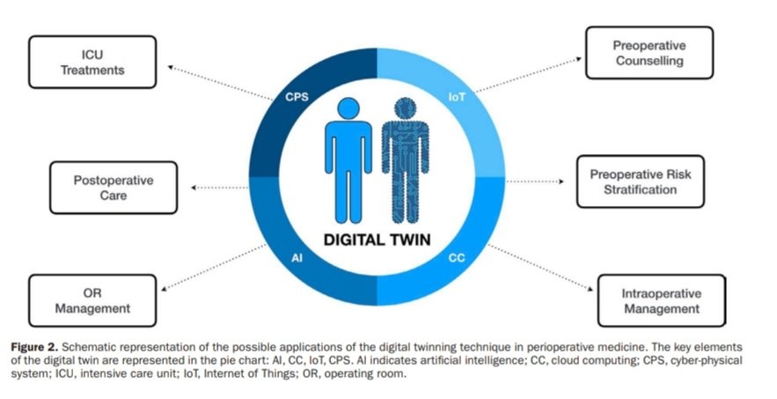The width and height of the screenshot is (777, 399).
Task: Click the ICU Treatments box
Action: coord(92,62)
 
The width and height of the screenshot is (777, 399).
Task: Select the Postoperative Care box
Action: coord(113,187)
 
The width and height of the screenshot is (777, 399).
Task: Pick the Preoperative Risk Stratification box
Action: coord(640,181)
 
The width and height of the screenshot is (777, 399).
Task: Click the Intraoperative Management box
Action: coord(661,301)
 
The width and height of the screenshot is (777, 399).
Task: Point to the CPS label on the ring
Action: coord(297,99)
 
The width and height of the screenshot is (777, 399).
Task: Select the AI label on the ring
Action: coord(297,258)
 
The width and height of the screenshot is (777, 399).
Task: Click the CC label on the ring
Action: coord(456,258)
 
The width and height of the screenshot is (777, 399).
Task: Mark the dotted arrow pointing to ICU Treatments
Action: coord(220,82)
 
